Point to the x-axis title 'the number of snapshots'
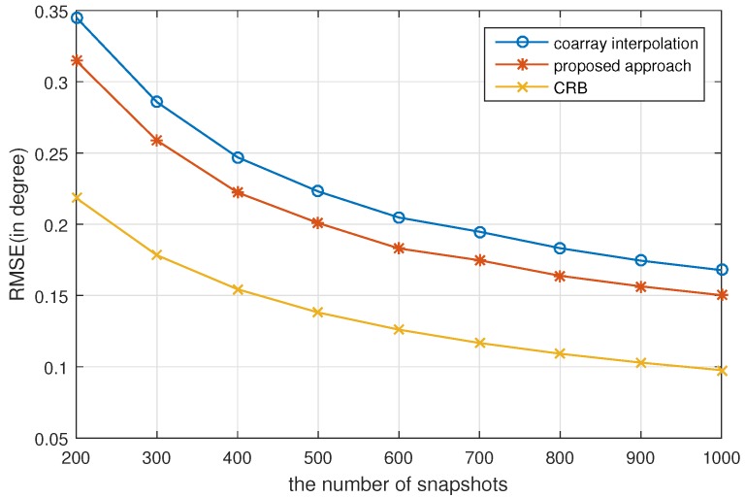[x=398, y=481]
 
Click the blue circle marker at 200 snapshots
[x=76, y=17]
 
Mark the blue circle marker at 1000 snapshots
[x=721, y=270]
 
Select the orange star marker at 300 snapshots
[x=156, y=141]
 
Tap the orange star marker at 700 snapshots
[x=478, y=260]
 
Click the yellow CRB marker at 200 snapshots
[x=76, y=197]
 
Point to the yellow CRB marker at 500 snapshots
[x=317, y=313]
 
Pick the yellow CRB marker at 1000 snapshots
[x=721, y=371]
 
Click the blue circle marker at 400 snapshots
[x=237, y=157]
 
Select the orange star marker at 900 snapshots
[x=640, y=286]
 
